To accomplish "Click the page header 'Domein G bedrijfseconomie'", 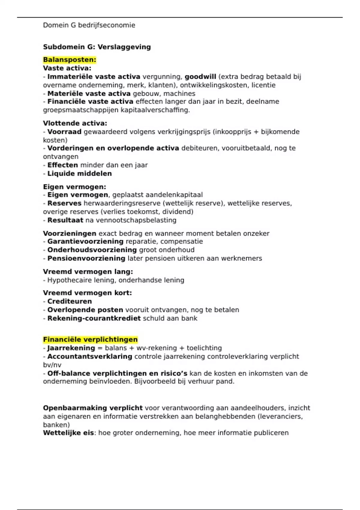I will click(89, 25).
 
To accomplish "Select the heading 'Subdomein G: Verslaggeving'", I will click(97, 47).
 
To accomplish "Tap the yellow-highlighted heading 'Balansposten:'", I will click(70, 60).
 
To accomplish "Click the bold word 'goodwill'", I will click(200, 77).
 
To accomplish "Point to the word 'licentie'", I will click(263, 85).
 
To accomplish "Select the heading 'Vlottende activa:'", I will click(75, 123).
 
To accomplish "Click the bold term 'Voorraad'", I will click(64, 132).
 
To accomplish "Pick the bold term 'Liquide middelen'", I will click(79, 173).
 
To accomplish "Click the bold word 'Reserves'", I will click(64, 203).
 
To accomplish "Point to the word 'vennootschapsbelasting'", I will click(136, 220).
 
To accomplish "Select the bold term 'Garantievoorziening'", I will click(85, 241).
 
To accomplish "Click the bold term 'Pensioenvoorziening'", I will click(86, 258).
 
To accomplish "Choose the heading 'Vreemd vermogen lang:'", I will click(88, 272).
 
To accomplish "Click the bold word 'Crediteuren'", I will click(70, 301).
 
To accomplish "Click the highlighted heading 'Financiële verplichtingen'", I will click(90, 340).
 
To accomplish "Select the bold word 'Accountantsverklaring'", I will click(90, 356).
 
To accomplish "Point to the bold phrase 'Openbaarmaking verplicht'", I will click(93, 408).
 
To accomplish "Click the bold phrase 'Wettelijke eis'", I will click(68, 433).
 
